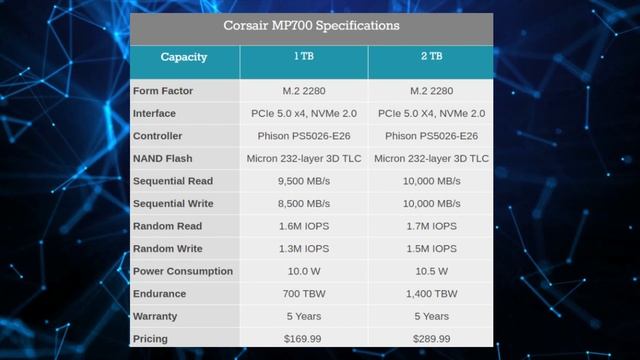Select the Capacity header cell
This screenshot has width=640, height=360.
click(x=184, y=57)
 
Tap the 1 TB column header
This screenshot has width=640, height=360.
click(x=304, y=57)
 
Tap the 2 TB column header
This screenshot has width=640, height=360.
click(x=432, y=57)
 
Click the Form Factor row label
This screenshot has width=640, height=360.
click(x=163, y=91)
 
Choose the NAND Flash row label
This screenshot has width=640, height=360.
click(x=163, y=158)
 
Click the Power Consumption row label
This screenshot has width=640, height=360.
click(x=183, y=271)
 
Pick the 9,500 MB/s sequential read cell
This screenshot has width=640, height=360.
click(x=304, y=181)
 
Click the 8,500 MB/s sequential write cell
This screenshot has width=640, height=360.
click(x=304, y=204)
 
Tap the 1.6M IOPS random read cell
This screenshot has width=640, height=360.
click(x=304, y=226)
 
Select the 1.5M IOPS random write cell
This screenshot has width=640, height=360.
click(x=432, y=249)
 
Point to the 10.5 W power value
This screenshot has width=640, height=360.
click(x=432, y=271)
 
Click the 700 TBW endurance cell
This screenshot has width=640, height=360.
click(x=304, y=294)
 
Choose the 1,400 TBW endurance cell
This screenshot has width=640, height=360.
click(x=432, y=294)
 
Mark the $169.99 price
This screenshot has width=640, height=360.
click(x=304, y=339)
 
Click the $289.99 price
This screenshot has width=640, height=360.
click(x=432, y=339)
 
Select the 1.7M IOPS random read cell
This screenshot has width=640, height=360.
click(x=432, y=226)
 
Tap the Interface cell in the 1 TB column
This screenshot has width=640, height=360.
click(x=304, y=113)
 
